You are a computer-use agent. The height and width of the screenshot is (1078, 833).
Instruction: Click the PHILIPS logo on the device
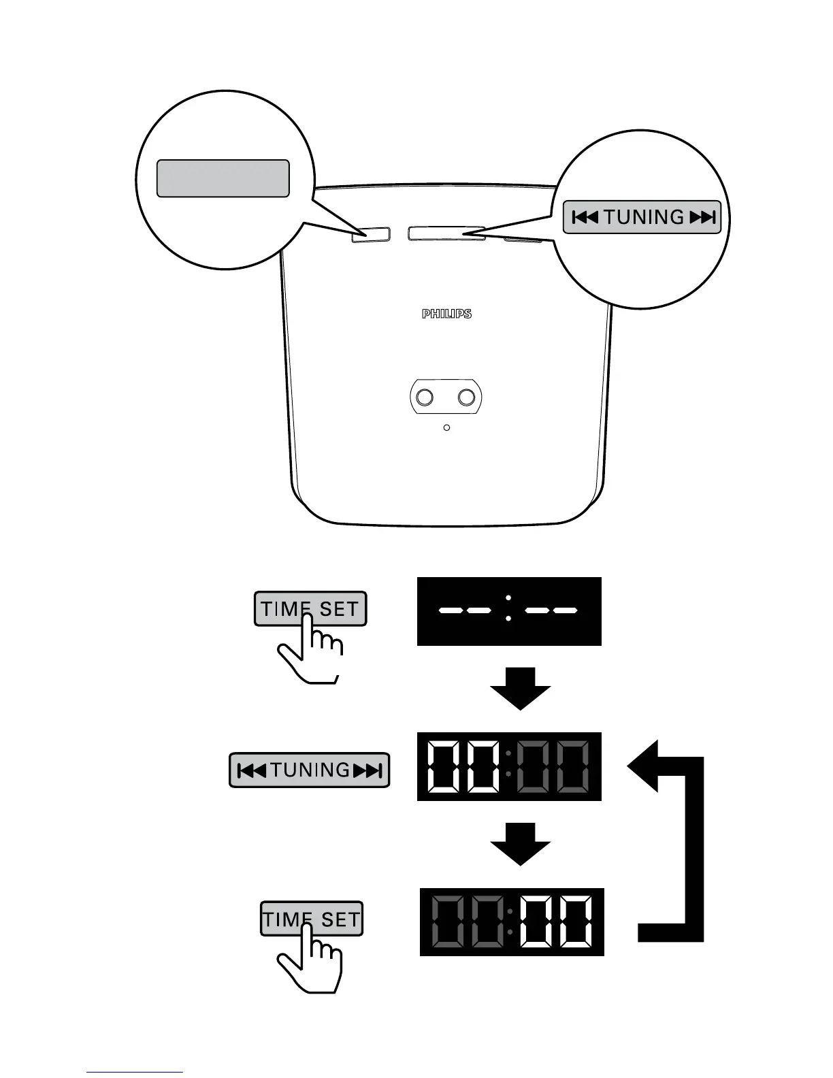tap(446, 314)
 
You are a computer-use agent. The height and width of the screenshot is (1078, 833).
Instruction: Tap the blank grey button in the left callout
tap(223, 178)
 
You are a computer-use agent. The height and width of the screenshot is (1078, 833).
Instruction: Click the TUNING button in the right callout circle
tap(642, 218)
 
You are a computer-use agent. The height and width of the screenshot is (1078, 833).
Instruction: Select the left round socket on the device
tap(425, 396)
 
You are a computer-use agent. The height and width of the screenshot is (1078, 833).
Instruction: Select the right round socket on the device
tap(467, 396)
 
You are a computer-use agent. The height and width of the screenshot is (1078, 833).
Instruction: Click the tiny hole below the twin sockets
tap(446, 427)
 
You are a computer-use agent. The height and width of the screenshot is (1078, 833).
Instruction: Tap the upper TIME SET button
tap(310, 608)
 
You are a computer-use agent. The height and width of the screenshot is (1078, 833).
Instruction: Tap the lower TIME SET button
tap(312, 919)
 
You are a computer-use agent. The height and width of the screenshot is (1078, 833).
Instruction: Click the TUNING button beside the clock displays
tap(310, 770)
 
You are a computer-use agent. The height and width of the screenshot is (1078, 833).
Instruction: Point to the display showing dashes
tap(509, 611)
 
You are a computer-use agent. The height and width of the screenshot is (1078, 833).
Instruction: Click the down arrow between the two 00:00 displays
tap(521, 844)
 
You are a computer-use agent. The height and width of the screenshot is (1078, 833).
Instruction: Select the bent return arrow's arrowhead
tap(643, 766)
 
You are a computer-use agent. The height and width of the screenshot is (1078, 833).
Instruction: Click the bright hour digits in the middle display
tap(463, 766)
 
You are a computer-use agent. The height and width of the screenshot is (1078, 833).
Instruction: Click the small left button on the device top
tap(371, 234)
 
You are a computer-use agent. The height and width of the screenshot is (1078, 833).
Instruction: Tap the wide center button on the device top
tap(446, 233)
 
